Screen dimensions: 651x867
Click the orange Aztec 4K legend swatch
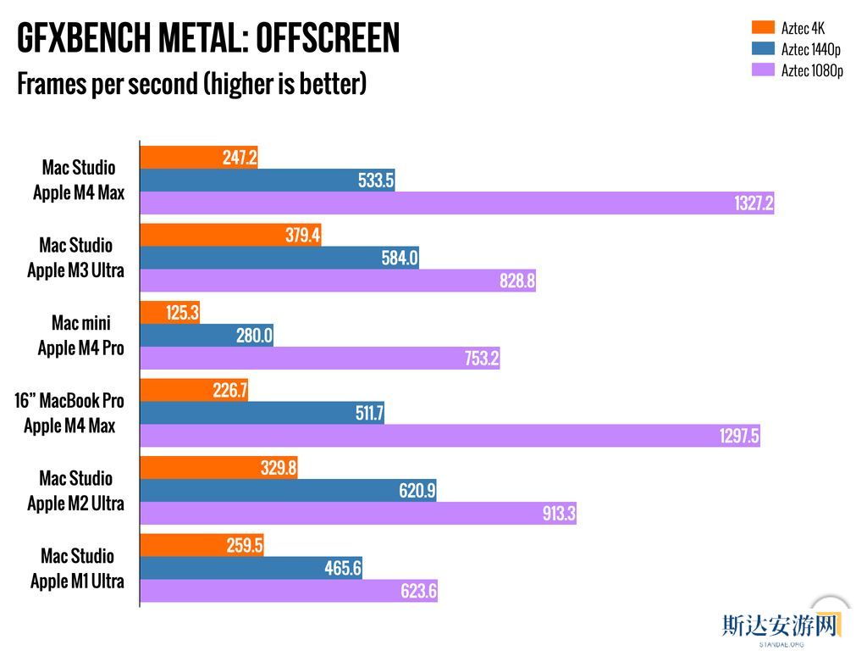point(763,28)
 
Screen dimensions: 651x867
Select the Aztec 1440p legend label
point(810,49)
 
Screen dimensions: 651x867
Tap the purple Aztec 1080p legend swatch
point(763,70)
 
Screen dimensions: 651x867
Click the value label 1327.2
point(753,203)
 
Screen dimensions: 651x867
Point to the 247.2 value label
point(240,158)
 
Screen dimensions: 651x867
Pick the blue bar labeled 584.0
point(279,259)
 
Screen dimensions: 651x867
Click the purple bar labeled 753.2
point(319,359)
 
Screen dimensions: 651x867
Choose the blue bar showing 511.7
point(262,414)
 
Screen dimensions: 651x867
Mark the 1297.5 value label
point(739,437)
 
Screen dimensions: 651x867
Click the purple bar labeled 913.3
point(357,514)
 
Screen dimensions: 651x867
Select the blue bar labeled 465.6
point(251,569)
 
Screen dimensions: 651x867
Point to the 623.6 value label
point(418,592)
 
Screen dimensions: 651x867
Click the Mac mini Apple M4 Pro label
point(80,336)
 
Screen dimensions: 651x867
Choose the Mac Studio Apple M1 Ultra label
point(77,569)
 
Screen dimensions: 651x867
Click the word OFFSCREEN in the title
point(327,38)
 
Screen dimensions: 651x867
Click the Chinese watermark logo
point(780,626)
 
